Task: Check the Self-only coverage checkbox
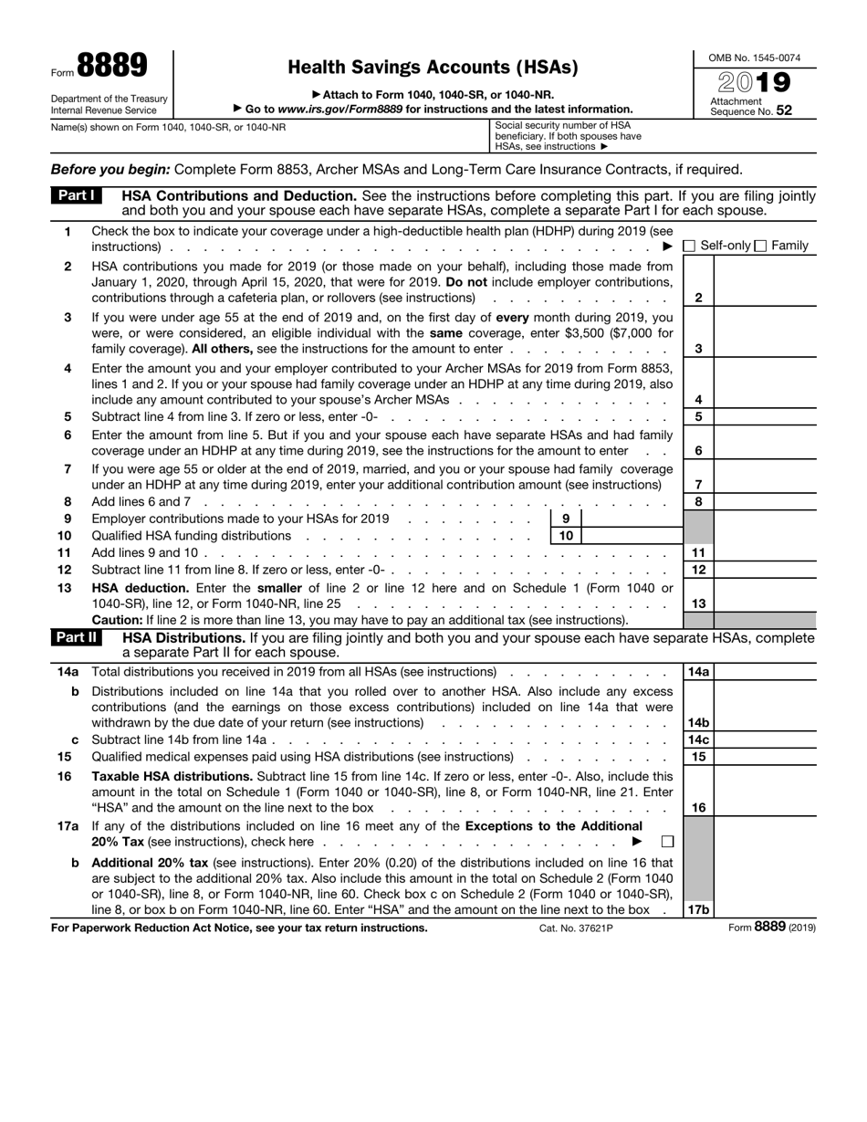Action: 689,246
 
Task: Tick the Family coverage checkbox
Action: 760,246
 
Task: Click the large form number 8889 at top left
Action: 112,67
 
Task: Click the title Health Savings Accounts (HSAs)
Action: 433,67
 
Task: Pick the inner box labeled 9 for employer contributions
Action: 566,519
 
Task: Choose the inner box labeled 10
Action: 566,536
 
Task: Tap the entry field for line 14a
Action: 765,672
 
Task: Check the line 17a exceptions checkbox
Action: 667,841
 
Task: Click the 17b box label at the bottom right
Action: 698,909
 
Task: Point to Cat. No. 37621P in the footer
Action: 576,928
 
